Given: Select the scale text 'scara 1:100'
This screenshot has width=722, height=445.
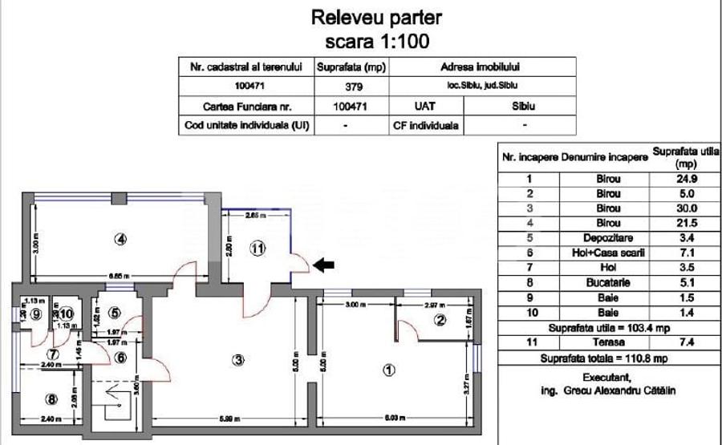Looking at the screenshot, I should click(376, 40).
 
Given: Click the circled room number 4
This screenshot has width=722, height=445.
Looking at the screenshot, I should click(120, 238).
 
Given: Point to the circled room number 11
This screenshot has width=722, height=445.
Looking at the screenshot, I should click(256, 248).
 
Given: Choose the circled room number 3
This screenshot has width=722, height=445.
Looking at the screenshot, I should click(237, 360).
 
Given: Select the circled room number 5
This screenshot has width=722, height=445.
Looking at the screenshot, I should click(115, 313).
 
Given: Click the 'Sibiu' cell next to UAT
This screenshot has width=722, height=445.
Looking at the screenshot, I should click(524, 105).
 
